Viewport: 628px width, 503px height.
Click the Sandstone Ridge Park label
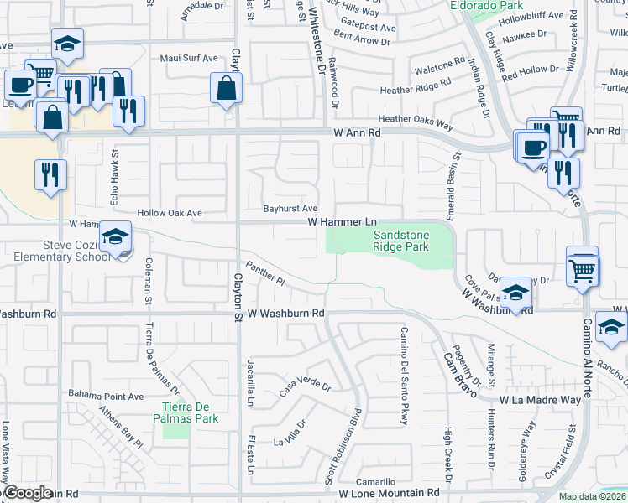400,241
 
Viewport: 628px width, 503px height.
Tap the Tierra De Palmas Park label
189,412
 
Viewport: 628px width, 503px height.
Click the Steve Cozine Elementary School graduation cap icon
114,236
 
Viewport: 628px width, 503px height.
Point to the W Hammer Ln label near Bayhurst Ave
342,221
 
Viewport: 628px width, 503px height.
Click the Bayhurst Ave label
290,208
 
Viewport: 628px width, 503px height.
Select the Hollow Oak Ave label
170,213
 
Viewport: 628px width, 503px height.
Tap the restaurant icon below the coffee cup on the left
50,175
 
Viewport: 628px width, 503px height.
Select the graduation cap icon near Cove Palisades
515,291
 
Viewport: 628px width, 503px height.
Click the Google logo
29,493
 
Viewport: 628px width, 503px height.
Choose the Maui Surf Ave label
189,59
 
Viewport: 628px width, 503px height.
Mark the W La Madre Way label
540,400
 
